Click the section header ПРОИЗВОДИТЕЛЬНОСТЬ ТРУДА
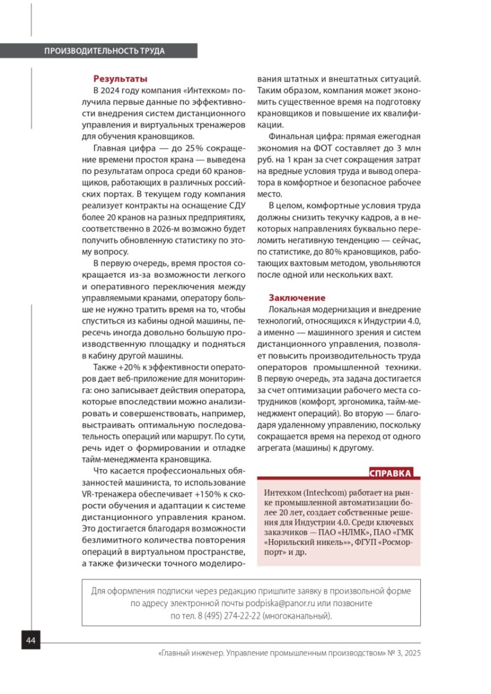(104, 51)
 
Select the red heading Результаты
(120, 79)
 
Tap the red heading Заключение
(296, 298)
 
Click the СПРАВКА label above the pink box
(391, 474)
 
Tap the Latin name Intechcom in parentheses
(321, 492)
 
